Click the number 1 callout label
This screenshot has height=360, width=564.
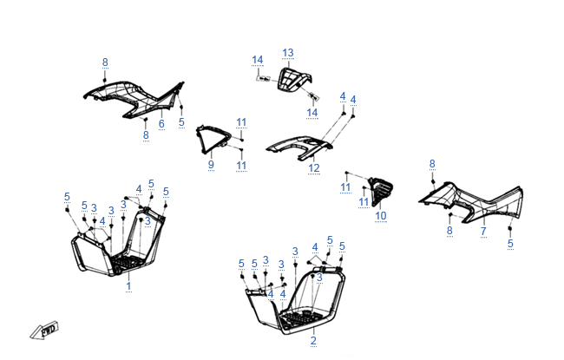point(128,285)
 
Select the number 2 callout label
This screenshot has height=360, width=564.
point(313,340)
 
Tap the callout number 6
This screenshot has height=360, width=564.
point(161,124)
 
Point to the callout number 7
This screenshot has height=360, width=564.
point(483,231)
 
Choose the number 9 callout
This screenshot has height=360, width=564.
point(211,164)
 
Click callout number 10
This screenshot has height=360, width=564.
point(380,215)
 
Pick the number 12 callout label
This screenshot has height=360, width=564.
point(314,167)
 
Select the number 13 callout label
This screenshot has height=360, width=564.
point(288,53)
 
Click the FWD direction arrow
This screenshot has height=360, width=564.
point(43,331)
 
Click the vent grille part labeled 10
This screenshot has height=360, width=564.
point(380,191)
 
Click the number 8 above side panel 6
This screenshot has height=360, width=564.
point(105,62)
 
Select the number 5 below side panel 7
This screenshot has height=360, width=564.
point(510,244)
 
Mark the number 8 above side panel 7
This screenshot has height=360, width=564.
point(432,163)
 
